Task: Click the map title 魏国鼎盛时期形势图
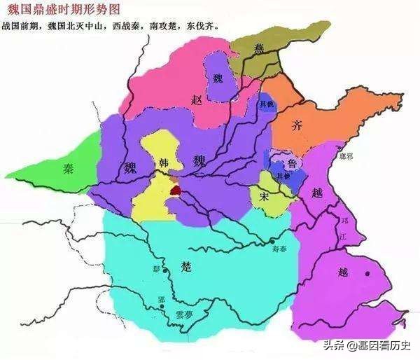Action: pyautogui.click(x=66, y=10)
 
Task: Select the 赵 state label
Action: pyautogui.click(x=197, y=100)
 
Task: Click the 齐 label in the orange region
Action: pyautogui.click(x=297, y=126)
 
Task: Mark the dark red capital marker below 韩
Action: pyautogui.click(x=175, y=188)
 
